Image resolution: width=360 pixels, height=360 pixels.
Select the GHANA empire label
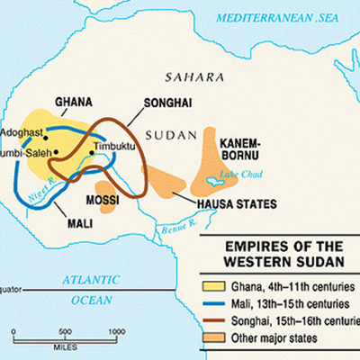click(75, 102)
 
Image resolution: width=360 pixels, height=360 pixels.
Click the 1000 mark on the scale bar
click(115, 331)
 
